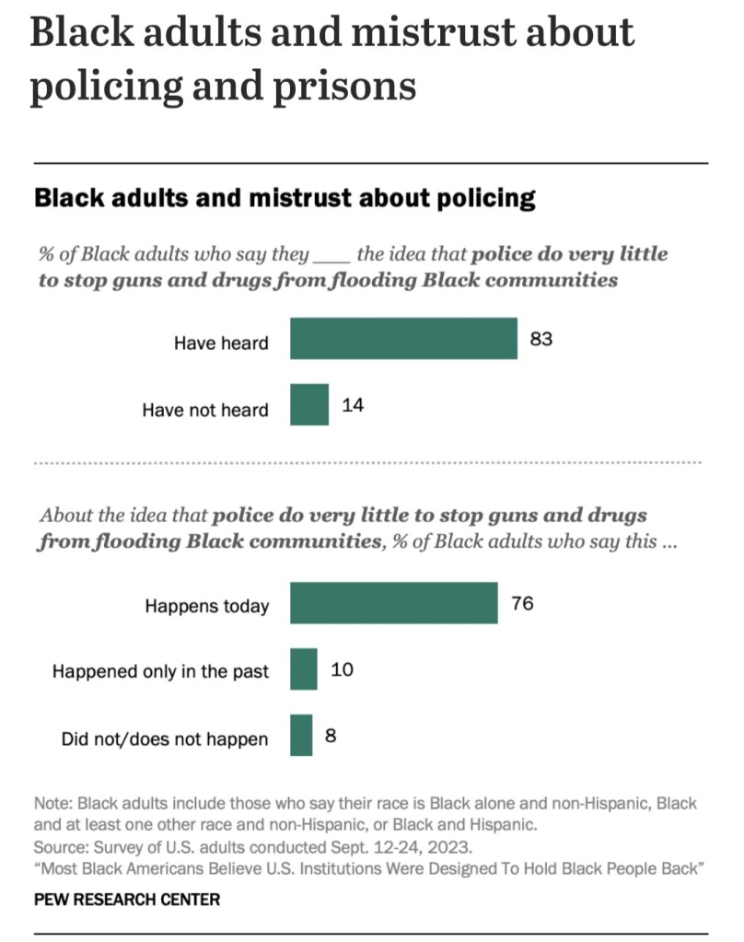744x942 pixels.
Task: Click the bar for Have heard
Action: [403, 339]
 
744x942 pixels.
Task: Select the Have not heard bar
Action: [309, 405]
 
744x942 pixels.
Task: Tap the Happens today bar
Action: [394, 603]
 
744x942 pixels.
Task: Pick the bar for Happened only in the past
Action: [304, 669]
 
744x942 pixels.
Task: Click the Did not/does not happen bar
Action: [301, 735]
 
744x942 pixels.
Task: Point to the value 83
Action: [541, 339]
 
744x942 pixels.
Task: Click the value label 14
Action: [353, 405]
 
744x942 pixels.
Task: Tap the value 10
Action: [342, 669]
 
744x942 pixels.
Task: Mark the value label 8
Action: [331, 735]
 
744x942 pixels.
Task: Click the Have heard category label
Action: [221, 343]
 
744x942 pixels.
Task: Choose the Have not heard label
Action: [205, 410]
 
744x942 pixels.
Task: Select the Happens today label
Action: [207, 606]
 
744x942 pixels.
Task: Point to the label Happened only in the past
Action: [161, 671]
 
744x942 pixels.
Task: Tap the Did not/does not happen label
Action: [165, 738]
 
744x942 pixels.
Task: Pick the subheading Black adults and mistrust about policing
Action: [285, 197]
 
